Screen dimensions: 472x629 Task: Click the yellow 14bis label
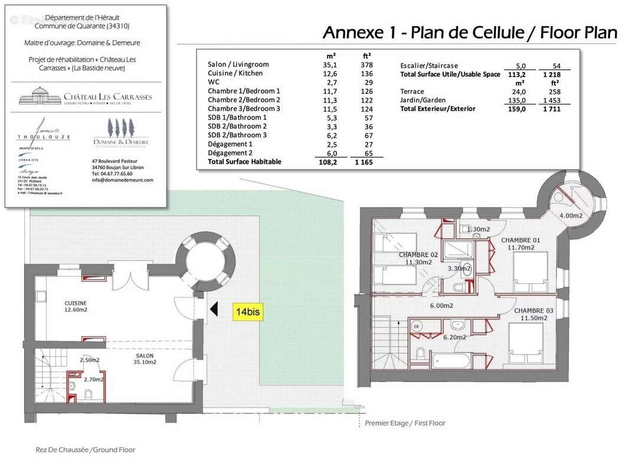pyautogui.click(x=247, y=311)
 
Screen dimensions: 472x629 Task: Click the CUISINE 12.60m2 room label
pyautogui.click(x=76, y=306)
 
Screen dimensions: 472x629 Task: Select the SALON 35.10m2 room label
pyautogui.click(x=144, y=359)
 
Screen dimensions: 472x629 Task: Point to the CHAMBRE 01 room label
pyautogui.click(x=520, y=244)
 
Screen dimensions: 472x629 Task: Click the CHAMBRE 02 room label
pyautogui.click(x=418, y=258)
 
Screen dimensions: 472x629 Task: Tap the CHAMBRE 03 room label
pyautogui.click(x=533, y=314)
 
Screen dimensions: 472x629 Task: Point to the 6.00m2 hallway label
pyautogui.click(x=441, y=306)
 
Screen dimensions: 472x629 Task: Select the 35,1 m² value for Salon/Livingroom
pyautogui.click(x=329, y=64)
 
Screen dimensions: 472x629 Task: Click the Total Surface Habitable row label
pyautogui.click(x=244, y=162)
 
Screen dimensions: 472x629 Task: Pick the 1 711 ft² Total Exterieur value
pyautogui.click(x=553, y=109)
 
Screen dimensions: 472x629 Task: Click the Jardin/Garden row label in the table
pyautogui.click(x=422, y=100)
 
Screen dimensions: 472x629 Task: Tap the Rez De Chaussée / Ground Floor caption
pyautogui.click(x=86, y=450)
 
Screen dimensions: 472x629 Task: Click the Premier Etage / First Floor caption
pyautogui.click(x=405, y=423)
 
